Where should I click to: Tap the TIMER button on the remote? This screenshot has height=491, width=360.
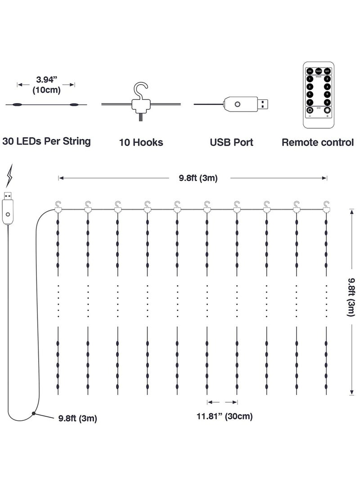pos(318,71)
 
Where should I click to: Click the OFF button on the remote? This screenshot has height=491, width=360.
pos(327,71)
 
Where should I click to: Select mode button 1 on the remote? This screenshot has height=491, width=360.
pos(310,79)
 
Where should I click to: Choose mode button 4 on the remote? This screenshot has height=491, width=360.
pos(327,87)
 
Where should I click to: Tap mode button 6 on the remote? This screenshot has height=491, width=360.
pos(327,95)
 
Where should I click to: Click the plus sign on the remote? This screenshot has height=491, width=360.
pos(327,116)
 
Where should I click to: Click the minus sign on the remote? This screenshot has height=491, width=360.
pos(310,116)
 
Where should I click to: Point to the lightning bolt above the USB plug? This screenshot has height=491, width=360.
pos(10,177)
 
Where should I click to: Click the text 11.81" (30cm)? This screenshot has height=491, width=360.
pos(224,416)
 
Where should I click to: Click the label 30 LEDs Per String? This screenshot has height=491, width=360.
pos(46,141)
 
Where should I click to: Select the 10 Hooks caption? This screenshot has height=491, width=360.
pos(141,143)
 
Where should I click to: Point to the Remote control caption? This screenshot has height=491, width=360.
pos(317,143)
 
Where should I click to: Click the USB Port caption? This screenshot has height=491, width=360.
pos(231,143)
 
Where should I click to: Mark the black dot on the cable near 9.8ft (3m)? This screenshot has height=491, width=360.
pos(33,413)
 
